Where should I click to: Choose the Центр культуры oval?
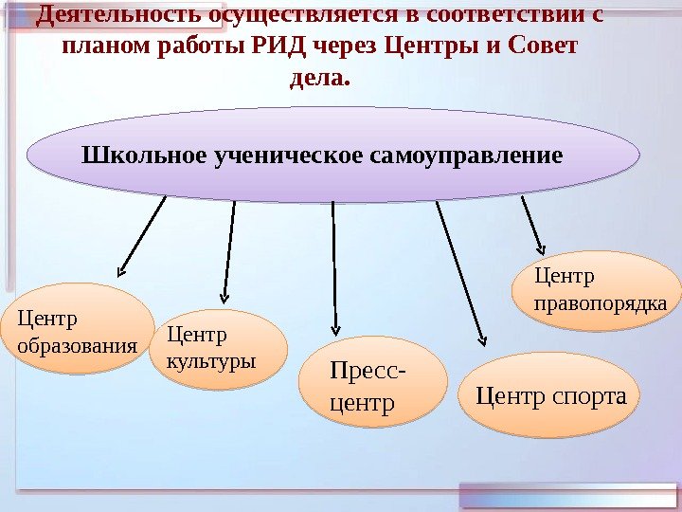tap(219, 349)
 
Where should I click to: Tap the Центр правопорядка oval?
tap(596, 289)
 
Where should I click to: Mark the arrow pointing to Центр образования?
tap(142, 236)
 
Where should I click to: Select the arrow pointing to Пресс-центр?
tap(334, 265)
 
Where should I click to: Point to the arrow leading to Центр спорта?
tap(460, 270)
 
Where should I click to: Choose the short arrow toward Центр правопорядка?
tap(532, 225)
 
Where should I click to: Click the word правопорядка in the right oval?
tap(601, 303)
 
